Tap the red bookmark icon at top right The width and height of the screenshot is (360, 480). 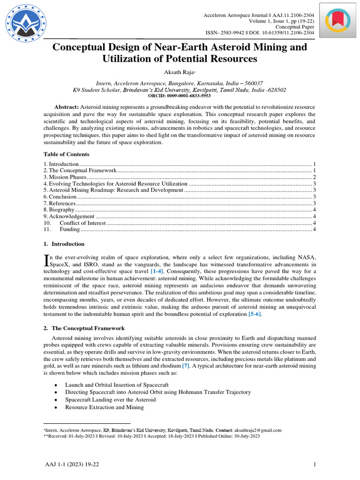tap(337, 21)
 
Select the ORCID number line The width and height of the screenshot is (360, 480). tap(180, 95)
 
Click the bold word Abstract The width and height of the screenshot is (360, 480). tap(67, 107)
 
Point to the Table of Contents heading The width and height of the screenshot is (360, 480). tap(67, 154)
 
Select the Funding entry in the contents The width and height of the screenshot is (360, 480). tap(69, 230)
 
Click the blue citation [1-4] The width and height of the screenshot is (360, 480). tap(157, 271)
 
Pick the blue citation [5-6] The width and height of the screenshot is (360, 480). tap(255, 314)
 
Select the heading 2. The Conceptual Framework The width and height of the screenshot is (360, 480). tap(84, 329)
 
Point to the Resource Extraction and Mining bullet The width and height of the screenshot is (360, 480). tap(104, 407)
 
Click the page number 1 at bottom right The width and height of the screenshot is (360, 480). tap(314, 465)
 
